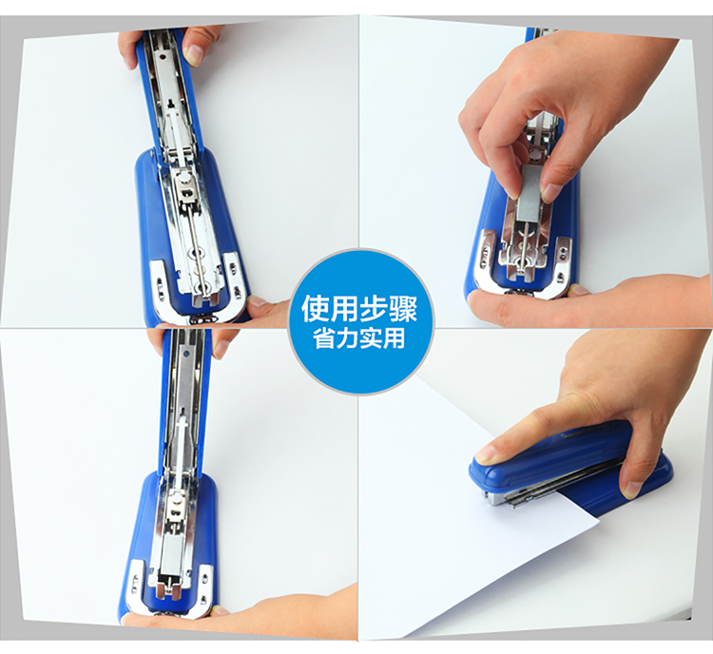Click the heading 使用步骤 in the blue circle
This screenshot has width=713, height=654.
pyautogui.click(x=359, y=309)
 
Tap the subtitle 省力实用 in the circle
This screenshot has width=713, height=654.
pyautogui.click(x=359, y=338)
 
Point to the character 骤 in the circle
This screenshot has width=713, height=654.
pyautogui.click(x=403, y=309)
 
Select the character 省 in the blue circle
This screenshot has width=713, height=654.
pyautogui.click(x=324, y=338)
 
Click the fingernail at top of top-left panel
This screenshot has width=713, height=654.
pyautogui.click(x=194, y=53)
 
